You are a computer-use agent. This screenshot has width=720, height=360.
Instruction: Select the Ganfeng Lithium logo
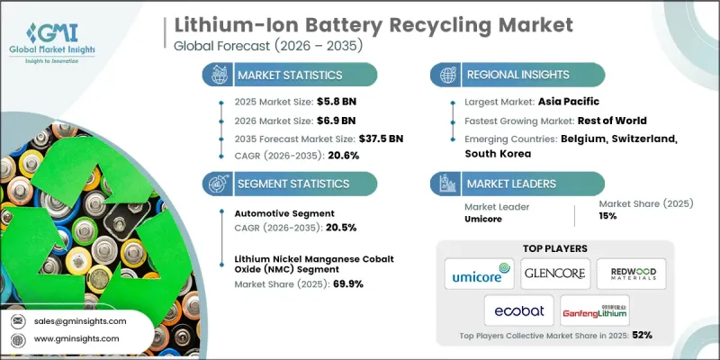point(596,310)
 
